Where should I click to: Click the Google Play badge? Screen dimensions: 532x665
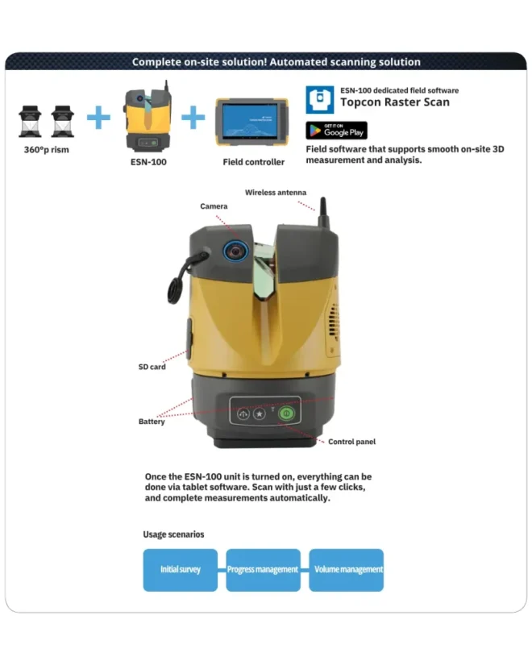[336, 131]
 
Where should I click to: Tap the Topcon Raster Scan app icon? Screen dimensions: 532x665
[319, 100]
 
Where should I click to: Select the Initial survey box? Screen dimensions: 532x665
[181, 570]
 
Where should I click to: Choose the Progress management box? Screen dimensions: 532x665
[263, 570]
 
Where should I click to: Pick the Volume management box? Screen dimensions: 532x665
[346, 570]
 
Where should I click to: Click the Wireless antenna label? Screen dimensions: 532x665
[276, 193]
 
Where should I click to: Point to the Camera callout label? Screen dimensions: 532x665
[214, 206]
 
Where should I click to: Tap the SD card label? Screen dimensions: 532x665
[152, 367]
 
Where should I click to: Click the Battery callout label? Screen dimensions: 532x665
[152, 422]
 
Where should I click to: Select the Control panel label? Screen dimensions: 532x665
[351, 442]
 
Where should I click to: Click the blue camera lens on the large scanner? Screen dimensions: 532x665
[235, 251]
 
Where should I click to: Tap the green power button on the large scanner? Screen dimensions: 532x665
[286, 413]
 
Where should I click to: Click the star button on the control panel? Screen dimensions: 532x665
[260, 414]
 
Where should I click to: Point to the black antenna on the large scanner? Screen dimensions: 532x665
[323, 213]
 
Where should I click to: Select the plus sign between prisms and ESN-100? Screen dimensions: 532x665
[98, 118]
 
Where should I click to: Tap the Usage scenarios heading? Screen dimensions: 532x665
[173, 534]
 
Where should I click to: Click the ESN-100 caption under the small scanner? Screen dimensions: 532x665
[148, 162]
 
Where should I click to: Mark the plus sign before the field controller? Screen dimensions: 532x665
[193, 118]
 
